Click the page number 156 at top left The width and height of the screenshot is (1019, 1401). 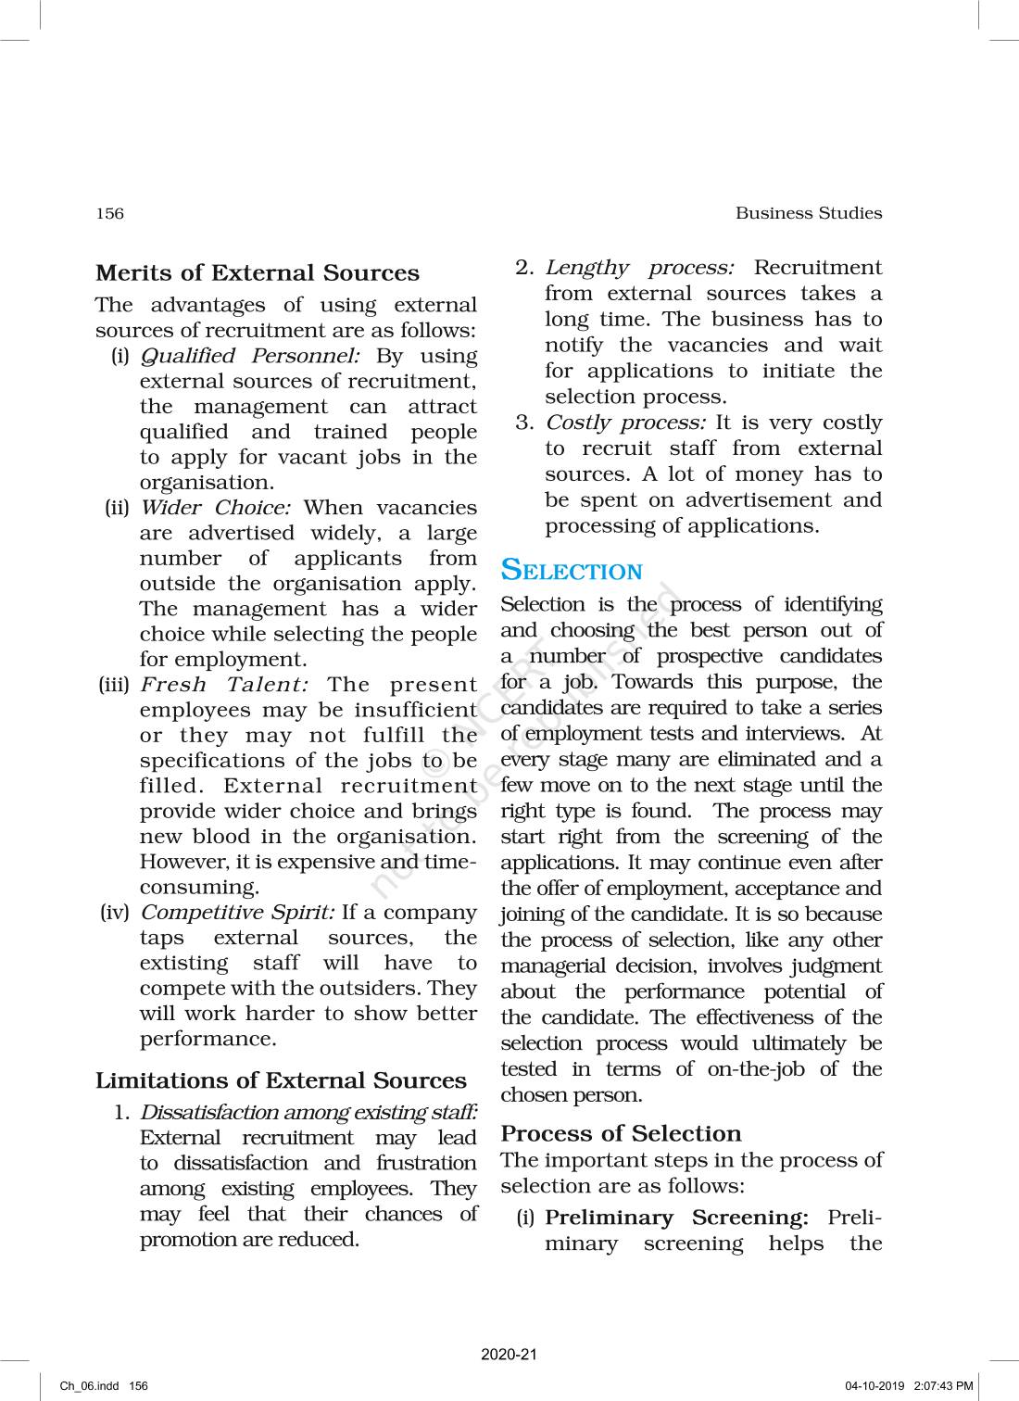click(x=109, y=213)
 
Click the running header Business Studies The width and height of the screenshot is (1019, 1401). click(x=808, y=213)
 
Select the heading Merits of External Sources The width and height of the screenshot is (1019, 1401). click(x=257, y=273)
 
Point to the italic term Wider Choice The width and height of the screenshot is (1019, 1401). click(x=215, y=508)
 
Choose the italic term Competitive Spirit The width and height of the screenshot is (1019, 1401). click(x=237, y=912)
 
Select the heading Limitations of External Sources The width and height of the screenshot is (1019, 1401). click(x=281, y=1080)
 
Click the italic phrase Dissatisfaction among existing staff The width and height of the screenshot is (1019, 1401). click(x=308, y=1112)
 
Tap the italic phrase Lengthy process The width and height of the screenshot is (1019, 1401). click(x=639, y=268)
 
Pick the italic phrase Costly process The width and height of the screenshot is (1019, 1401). click(x=625, y=423)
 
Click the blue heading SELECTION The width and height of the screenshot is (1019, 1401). click(x=572, y=571)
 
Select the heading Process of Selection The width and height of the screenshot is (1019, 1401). click(x=621, y=1133)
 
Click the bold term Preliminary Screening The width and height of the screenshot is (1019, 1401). click(x=676, y=1218)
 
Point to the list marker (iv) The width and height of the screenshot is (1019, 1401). click(x=115, y=913)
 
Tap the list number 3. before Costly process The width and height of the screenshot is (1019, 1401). click(x=525, y=423)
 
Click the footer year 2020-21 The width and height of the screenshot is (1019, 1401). click(x=509, y=1355)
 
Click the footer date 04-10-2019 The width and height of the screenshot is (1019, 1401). click(x=874, y=1386)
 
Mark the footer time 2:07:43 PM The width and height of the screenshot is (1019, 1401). click(x=943, y=1386)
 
